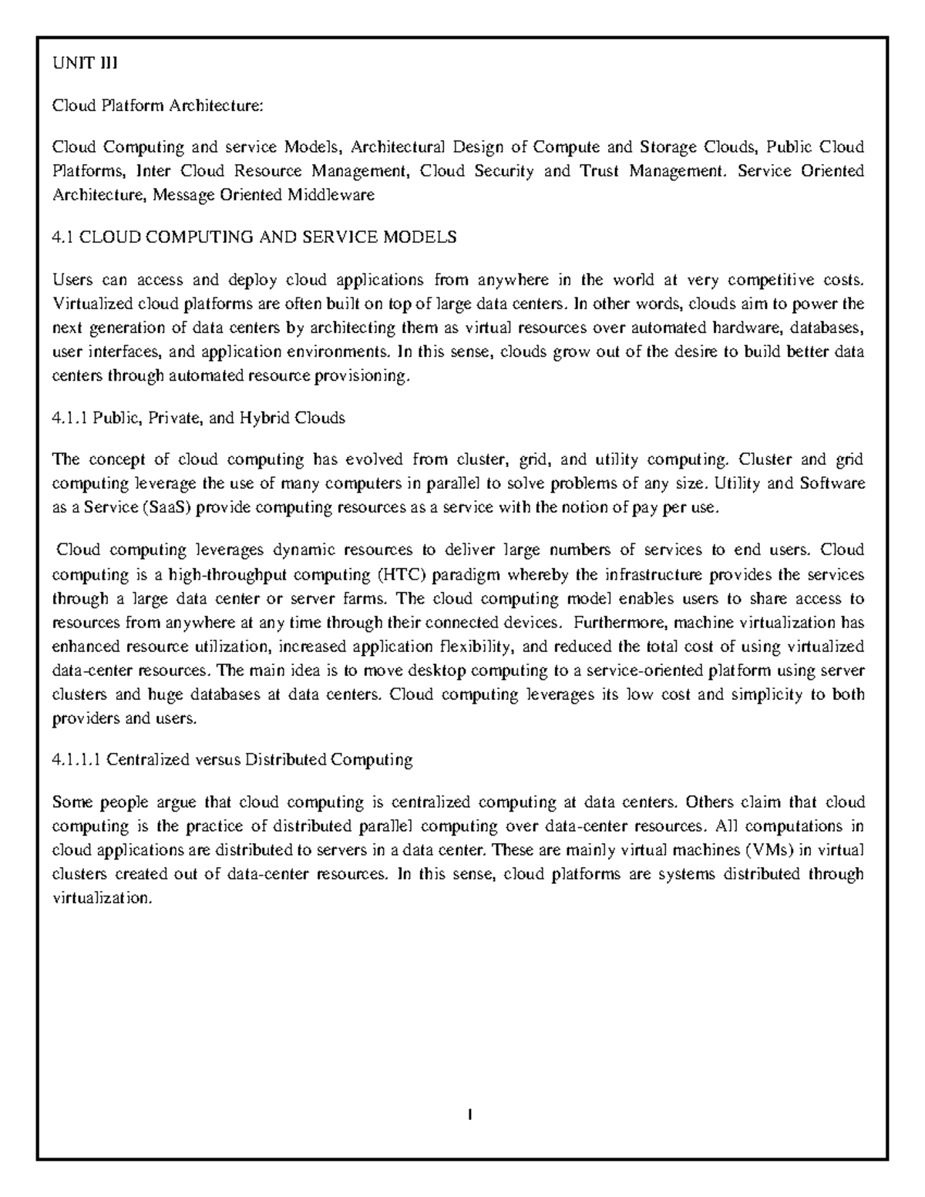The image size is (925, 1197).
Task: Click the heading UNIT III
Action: pyautogui.click(x=84, y=63)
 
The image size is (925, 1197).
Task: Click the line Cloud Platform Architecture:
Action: pyautogui.click(x=158, y=106)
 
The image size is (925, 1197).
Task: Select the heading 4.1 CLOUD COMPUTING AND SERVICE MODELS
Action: pyautogui.click(x=254, y=237)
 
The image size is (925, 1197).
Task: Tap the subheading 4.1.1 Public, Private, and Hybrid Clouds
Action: pyautogui.click(x=198, y=419)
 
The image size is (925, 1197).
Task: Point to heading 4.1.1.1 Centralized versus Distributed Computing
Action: pyautogui.click(x=232, y=760)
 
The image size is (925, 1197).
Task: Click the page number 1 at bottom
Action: pyautogui.click(x=469, y=1115)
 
